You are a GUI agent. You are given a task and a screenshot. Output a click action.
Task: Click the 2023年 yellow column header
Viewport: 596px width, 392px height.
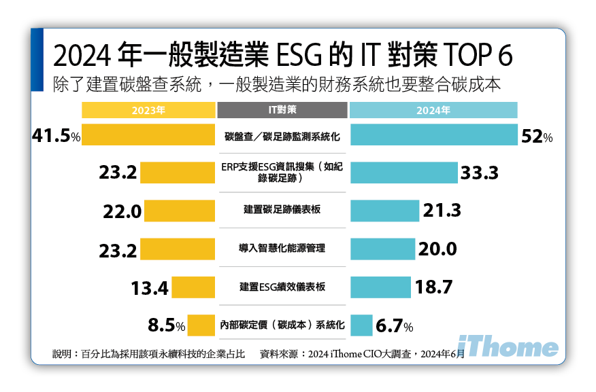[x=148, y=110]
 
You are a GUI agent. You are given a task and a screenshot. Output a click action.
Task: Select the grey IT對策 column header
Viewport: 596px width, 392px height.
[x=282, y=110]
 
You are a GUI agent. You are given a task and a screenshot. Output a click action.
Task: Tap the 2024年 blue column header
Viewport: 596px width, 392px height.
[x=433, y=110]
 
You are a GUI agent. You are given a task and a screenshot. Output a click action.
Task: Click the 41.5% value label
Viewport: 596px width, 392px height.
[x=56, y=136]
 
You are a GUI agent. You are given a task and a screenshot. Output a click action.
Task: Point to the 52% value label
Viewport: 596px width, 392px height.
[x=537, y=137]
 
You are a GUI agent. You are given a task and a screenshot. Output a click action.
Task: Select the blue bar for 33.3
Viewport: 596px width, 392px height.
[x=403, y=173]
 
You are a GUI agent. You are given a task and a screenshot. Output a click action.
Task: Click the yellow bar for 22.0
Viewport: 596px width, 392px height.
[x=180, y=211]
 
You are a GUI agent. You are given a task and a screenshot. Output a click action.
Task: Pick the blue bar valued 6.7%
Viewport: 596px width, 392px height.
[x=361, y=325]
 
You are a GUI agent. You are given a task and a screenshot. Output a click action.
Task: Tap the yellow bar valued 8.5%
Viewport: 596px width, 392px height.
[x=201, y=325]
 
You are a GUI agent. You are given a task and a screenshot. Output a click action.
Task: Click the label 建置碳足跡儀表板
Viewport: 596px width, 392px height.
[x=282, y=210]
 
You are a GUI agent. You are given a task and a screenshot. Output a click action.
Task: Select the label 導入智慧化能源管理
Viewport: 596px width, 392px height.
[x=282, y=249]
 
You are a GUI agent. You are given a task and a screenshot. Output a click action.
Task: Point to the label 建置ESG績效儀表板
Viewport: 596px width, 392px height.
[x=282, y=287]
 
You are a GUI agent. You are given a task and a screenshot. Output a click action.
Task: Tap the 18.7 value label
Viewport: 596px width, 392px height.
[x=433, y=287]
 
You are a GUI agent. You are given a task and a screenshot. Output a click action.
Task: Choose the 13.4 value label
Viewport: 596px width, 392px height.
[x=149, y=288]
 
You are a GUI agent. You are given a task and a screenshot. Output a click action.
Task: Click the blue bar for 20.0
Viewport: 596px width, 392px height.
[x=382, y=249]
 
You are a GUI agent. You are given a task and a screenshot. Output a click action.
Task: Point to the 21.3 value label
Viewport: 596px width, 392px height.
[x=442, y=211]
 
